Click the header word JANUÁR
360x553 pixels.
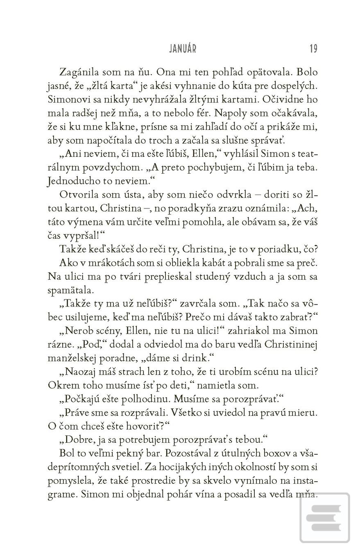[183, 49]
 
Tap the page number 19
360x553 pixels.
[313, 49]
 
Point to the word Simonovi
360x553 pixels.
[69, 100]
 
